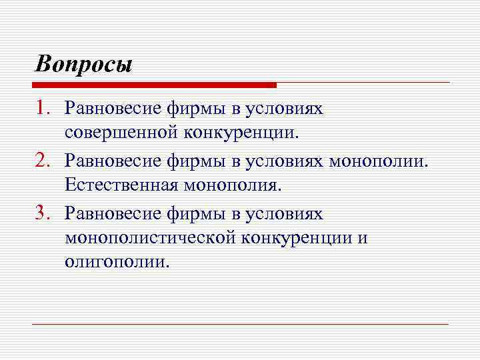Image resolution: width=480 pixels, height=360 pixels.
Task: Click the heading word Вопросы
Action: pos(84,65)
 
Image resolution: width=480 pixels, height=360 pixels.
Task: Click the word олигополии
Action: pos(117,261)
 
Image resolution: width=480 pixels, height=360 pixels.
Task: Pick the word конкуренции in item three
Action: pos(294,237)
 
